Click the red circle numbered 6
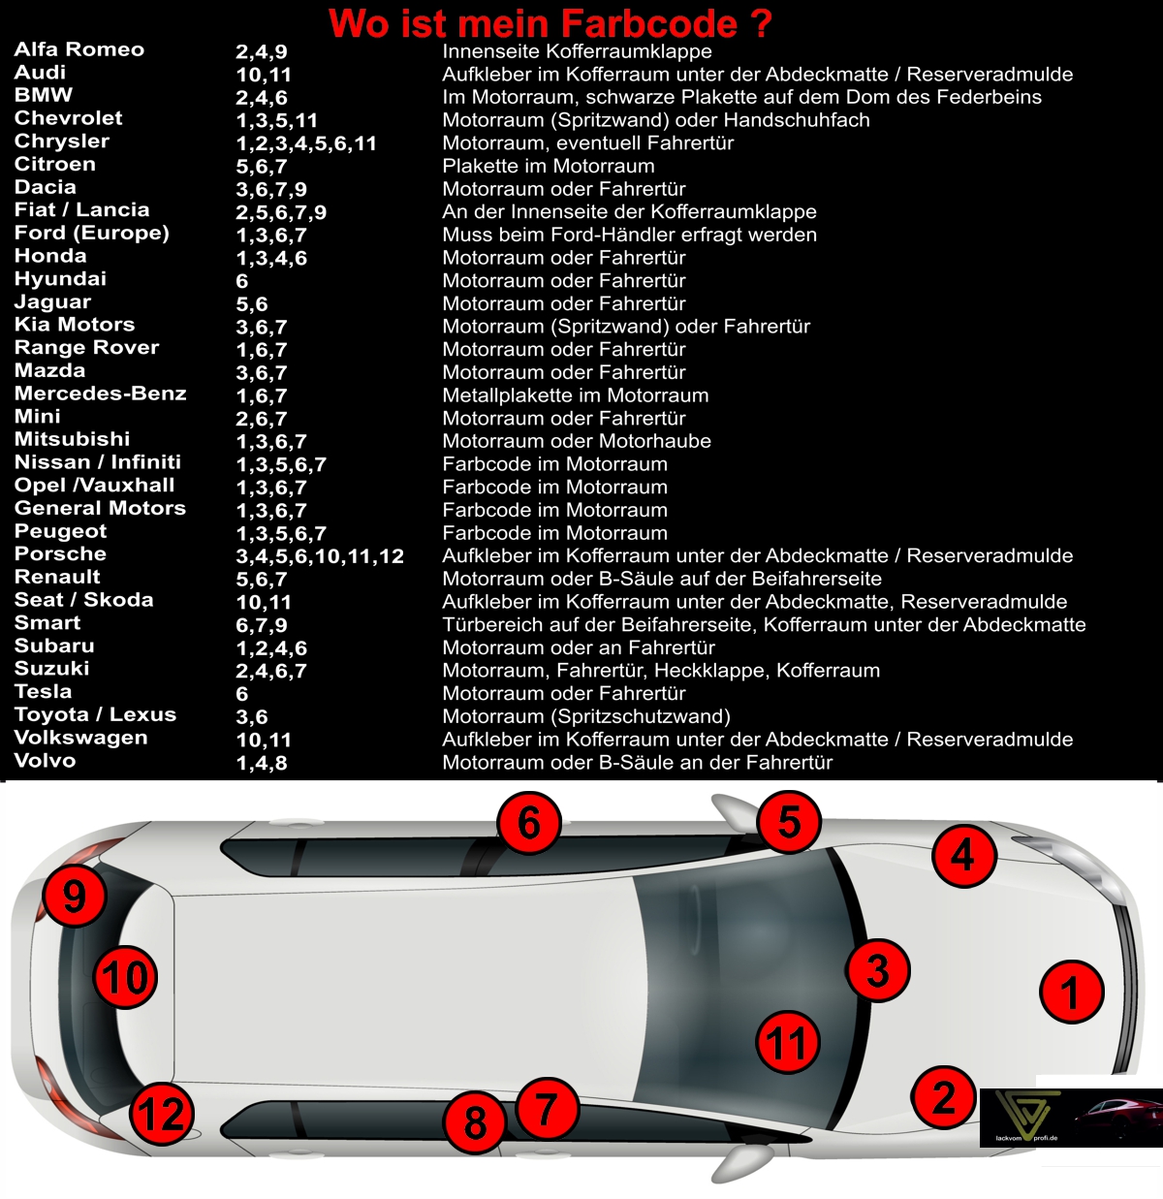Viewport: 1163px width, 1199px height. (x=529, y=823)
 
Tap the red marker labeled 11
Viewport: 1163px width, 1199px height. (x=787, y=1042)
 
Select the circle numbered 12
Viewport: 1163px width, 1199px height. (x=162, y=1114)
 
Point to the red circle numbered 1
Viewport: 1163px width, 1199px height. (x=1071, y=992)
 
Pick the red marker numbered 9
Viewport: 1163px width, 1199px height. (x=75, y=896)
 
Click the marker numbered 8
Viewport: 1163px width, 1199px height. (x=474, y=1122)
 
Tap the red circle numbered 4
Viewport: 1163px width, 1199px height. (x=964, y=855)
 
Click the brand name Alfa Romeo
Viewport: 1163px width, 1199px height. (x=79, y=49)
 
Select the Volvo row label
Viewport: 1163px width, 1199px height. (x=45, y=760)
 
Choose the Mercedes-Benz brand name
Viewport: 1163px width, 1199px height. (x=100, y=394)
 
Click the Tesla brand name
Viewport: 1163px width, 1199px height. (x=43, y=691)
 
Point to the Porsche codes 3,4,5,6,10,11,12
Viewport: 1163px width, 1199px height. (x=320, y=556)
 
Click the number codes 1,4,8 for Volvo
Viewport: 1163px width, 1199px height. (x=262, y=763)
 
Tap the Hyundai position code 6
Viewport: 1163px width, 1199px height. (x=242, y=281)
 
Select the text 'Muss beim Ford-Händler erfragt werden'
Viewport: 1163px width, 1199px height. (x=630, y=235)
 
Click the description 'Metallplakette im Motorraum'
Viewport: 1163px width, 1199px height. (x=576, y=394)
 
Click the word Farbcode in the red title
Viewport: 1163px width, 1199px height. (x=649, y=23)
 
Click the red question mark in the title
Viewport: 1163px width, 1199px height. (x=762, y=23)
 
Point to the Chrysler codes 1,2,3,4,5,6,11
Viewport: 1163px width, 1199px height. (x=306, y=143)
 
